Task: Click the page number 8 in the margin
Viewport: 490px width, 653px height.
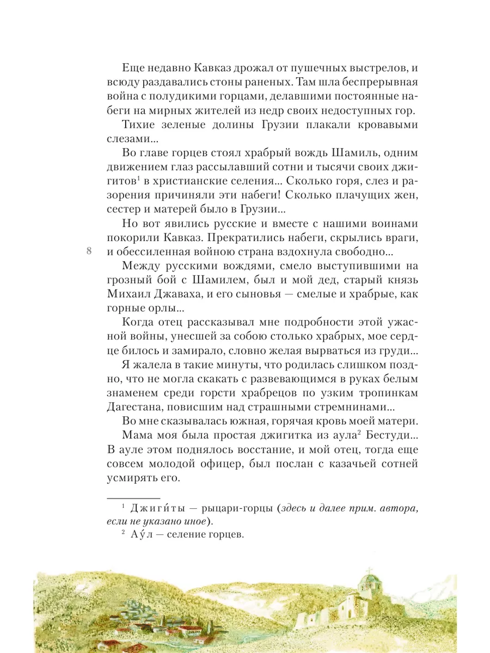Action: [x=89, y=251]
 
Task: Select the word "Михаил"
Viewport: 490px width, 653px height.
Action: [x=130, y=294]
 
